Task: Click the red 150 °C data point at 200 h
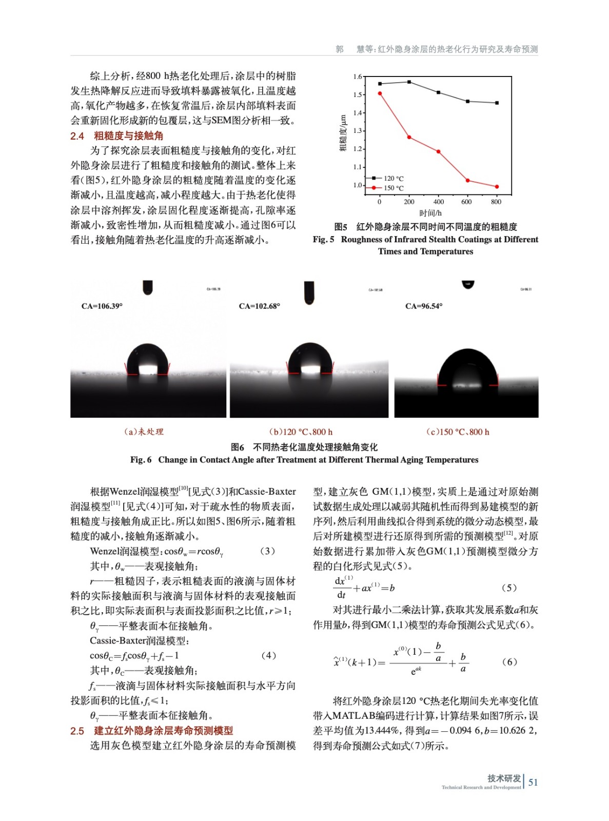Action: coord(409,137)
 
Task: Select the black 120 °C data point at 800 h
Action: coord(497,103)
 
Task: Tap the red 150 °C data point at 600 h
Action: coord(467,180)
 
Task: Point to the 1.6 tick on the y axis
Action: coord(357,76)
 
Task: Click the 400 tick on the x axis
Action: coord(438,202)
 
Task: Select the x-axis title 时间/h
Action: coord(430,213)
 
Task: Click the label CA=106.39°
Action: coord(102,306)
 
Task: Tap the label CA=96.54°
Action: coord(424,306)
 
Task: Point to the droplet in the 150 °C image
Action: coord(467,369)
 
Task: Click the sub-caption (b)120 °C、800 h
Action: coord(301,432)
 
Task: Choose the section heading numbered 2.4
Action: coord(117,136)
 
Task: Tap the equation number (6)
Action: coord(509,662)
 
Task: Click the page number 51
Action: coord(533,782)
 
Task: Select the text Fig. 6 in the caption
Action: coord(141,460)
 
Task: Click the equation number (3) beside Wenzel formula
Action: coord(267,551)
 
